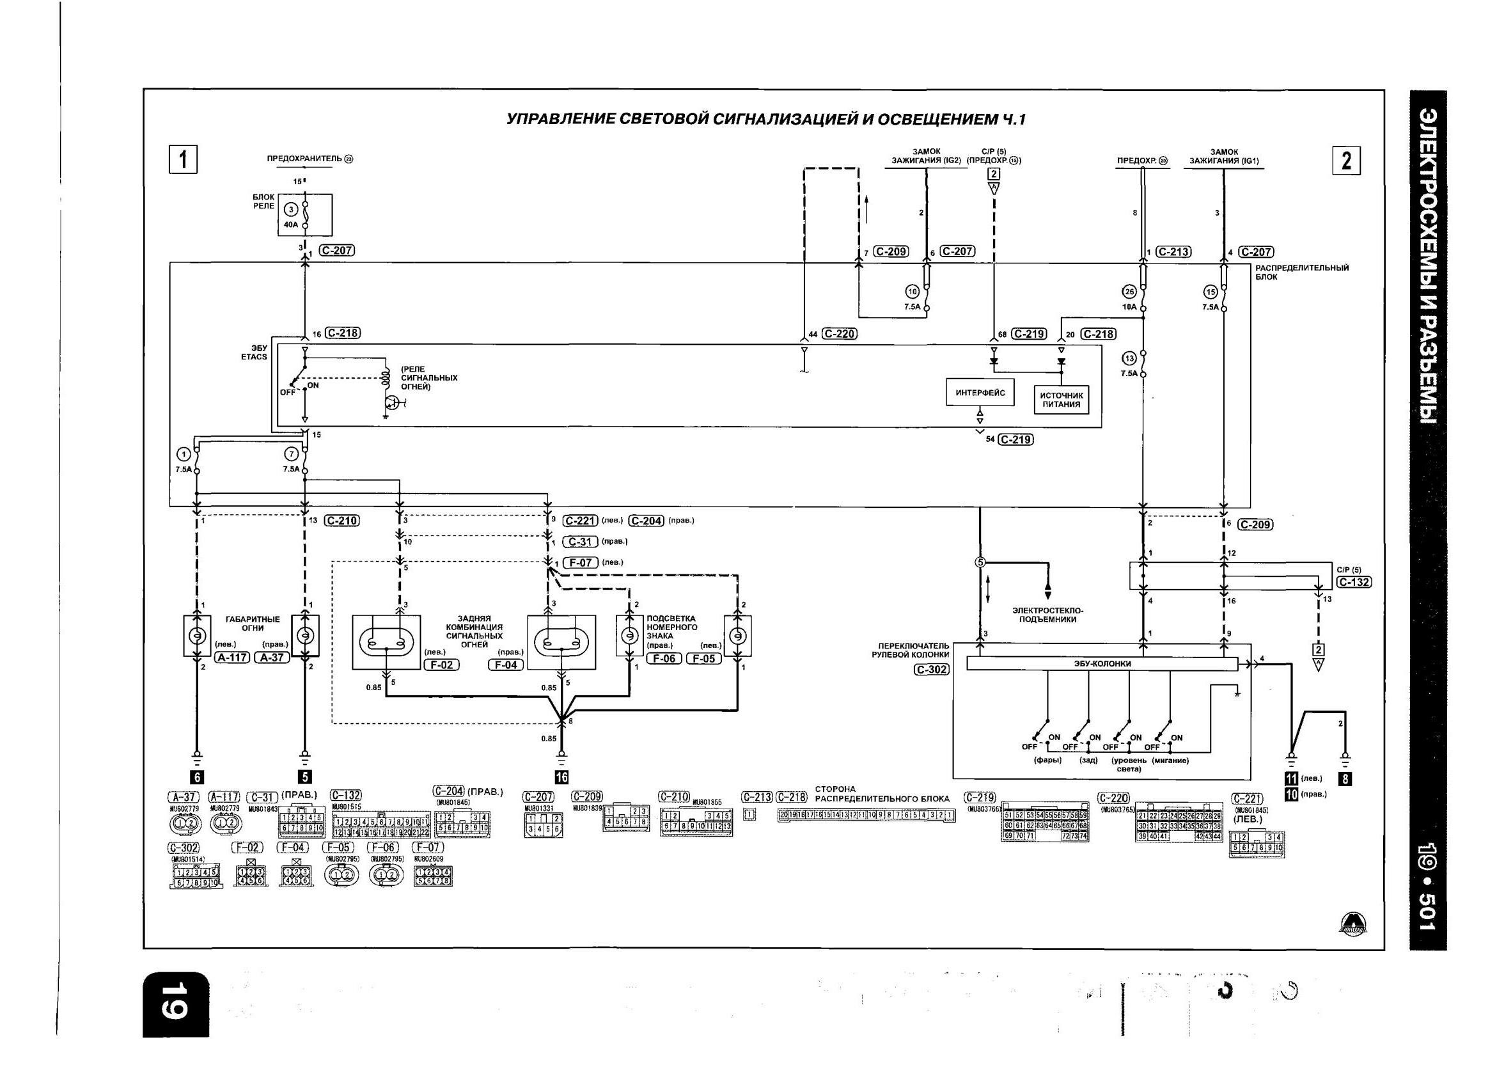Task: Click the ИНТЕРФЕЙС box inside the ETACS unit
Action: [980, 392]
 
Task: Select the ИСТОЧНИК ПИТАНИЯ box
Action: [1061, 399]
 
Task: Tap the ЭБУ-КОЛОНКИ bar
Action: [1102, 663]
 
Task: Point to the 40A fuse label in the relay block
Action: [291, 225]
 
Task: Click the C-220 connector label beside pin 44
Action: [840, 334]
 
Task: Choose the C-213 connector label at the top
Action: [1173, 251]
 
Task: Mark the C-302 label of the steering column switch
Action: [931, 670]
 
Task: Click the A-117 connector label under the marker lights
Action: [232, 658]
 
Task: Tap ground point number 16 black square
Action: [561, 777]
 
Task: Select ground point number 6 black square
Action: [197, 777]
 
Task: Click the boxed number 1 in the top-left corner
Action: [183, 160]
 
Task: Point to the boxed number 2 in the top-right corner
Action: [1346, 161]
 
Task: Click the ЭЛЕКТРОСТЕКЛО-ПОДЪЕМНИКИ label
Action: [1047, 615]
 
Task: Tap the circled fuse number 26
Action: [1129, 291]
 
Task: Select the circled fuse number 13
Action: [1129, 358]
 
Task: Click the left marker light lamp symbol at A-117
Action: [197, 636]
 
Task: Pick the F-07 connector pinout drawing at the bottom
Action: [433, 876]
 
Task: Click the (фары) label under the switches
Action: [1047, 760]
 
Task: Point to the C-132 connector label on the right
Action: [1354, 581]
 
